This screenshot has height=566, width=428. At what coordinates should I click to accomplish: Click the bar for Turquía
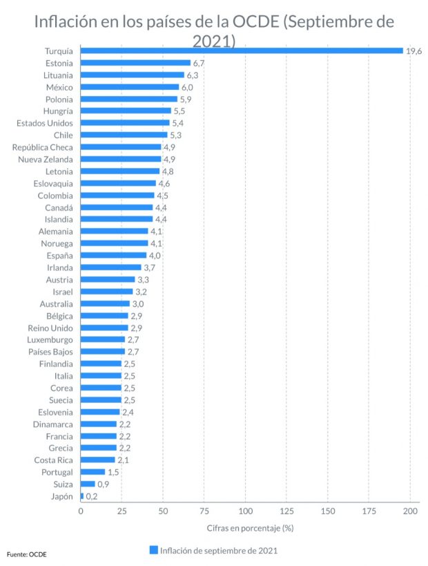point(242,50)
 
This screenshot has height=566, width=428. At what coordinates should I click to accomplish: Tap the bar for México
point(130,87)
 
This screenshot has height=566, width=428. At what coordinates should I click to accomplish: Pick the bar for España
point(114,255)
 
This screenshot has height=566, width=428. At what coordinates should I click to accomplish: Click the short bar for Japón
point(82,496)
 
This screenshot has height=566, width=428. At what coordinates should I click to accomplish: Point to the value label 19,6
point(414,51)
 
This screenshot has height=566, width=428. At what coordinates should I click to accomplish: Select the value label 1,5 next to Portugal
point(114,472)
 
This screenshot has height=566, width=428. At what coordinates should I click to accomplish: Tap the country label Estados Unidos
point(45,123)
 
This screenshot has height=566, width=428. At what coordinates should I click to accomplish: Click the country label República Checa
point(43,147)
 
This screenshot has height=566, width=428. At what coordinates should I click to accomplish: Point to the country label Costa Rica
point(54,460)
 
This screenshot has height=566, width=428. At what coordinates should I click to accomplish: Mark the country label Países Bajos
point(50,352)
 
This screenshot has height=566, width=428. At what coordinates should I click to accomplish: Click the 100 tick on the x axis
point(246,511)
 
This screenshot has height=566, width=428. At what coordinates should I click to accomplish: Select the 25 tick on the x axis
point(122,511)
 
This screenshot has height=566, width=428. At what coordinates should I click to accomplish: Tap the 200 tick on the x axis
point(410,511)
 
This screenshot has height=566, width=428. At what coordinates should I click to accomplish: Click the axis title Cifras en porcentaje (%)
point(251,528)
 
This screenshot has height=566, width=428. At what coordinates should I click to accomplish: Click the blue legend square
point(153,550)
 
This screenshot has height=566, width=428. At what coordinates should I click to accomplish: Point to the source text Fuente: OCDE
point(27,554)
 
